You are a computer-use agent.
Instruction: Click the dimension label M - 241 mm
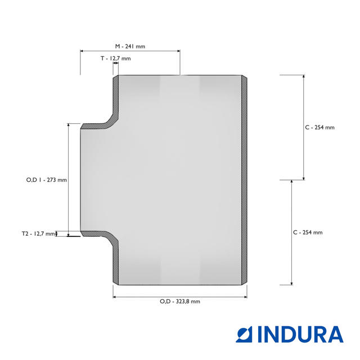pyautogui.click(x=130, y=46)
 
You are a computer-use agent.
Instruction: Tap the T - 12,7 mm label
pyautogui.click(x=116, y=58)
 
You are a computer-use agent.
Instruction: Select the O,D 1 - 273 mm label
pyautogui.click(x=47, y=180)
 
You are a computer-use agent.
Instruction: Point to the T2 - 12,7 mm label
pyautogui.click(x=38, y=234)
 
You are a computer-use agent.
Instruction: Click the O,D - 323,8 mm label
pyautogui.click(x=180, y=301)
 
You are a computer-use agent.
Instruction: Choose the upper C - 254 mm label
pyautogui.click(x=320, y=128)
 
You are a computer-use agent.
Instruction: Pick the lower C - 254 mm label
pyautogui.click(x=308, y=232)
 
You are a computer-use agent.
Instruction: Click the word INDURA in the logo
pyautogui.click(x=300, y=335)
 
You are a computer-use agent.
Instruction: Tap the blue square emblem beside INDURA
pyautogui.click(x=244, y=335)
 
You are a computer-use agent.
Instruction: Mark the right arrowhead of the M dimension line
pyautogui.click(x=178, y=51)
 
